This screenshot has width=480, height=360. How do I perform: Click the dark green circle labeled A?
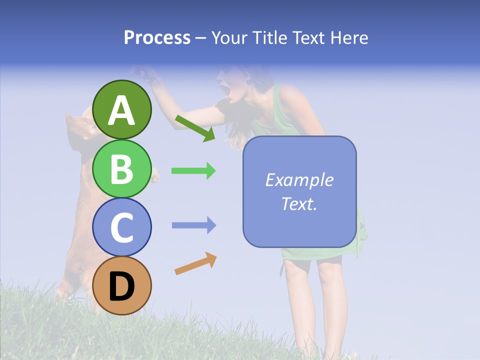click(122, 109)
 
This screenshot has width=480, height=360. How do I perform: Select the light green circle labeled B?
click(122, 168)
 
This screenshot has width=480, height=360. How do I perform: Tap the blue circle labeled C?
click(122, 227)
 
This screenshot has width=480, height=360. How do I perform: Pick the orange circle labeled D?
click(122, 285)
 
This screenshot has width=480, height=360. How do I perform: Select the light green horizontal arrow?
click(193, 171)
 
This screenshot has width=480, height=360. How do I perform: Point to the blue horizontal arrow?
click(193, 225)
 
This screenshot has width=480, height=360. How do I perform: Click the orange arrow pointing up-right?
click(195, 263)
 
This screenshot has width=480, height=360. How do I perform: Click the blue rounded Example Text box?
click(299, 191)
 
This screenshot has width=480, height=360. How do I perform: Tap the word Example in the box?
click(299, 180)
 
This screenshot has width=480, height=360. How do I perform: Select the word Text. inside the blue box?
click(299, 203)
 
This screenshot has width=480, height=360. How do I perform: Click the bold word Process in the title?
click(157, 37)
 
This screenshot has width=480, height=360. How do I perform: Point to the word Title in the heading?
click(270, 37)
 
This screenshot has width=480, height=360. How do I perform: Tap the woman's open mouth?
click(224, 91)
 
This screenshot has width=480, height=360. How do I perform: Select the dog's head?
click(80, 127)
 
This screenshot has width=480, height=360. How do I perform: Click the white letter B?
click(122, 168)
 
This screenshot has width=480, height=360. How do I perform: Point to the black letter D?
click(122, 286)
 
